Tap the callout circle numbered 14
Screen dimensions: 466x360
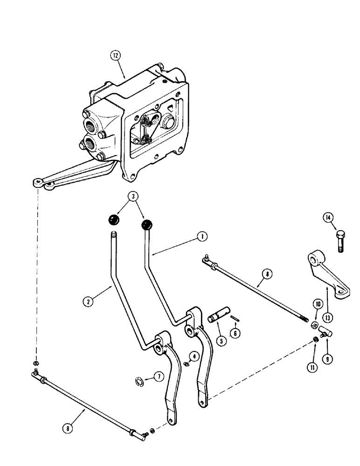pos(328,217)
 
